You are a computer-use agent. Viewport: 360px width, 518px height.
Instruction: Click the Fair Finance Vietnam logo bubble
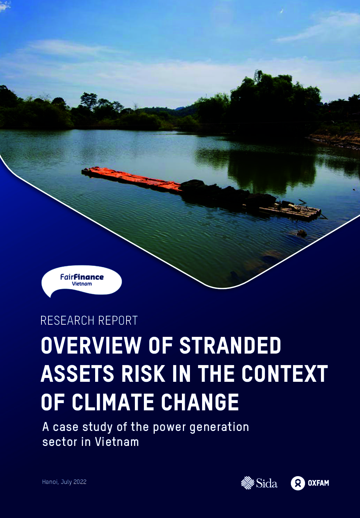(82, 281)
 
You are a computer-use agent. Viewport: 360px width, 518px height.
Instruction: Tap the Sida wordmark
(267, 483)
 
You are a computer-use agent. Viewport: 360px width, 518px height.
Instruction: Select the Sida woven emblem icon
(247, 483)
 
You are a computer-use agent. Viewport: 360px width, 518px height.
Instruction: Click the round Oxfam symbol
(298, 483)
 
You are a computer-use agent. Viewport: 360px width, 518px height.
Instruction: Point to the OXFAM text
(319, 483)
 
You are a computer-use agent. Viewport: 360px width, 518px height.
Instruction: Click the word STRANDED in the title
(230, 345)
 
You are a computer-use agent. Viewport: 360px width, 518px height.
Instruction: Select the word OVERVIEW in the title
(91, 345)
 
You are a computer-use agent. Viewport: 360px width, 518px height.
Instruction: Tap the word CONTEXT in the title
(285, 373)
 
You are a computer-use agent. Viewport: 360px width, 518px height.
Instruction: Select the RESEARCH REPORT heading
(89, 320)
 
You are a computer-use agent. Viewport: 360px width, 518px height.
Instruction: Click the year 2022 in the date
(79, 482)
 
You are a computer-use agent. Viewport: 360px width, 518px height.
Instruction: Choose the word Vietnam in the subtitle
(117, 442)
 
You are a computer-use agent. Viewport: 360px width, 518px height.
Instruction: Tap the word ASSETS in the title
(77, 373)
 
